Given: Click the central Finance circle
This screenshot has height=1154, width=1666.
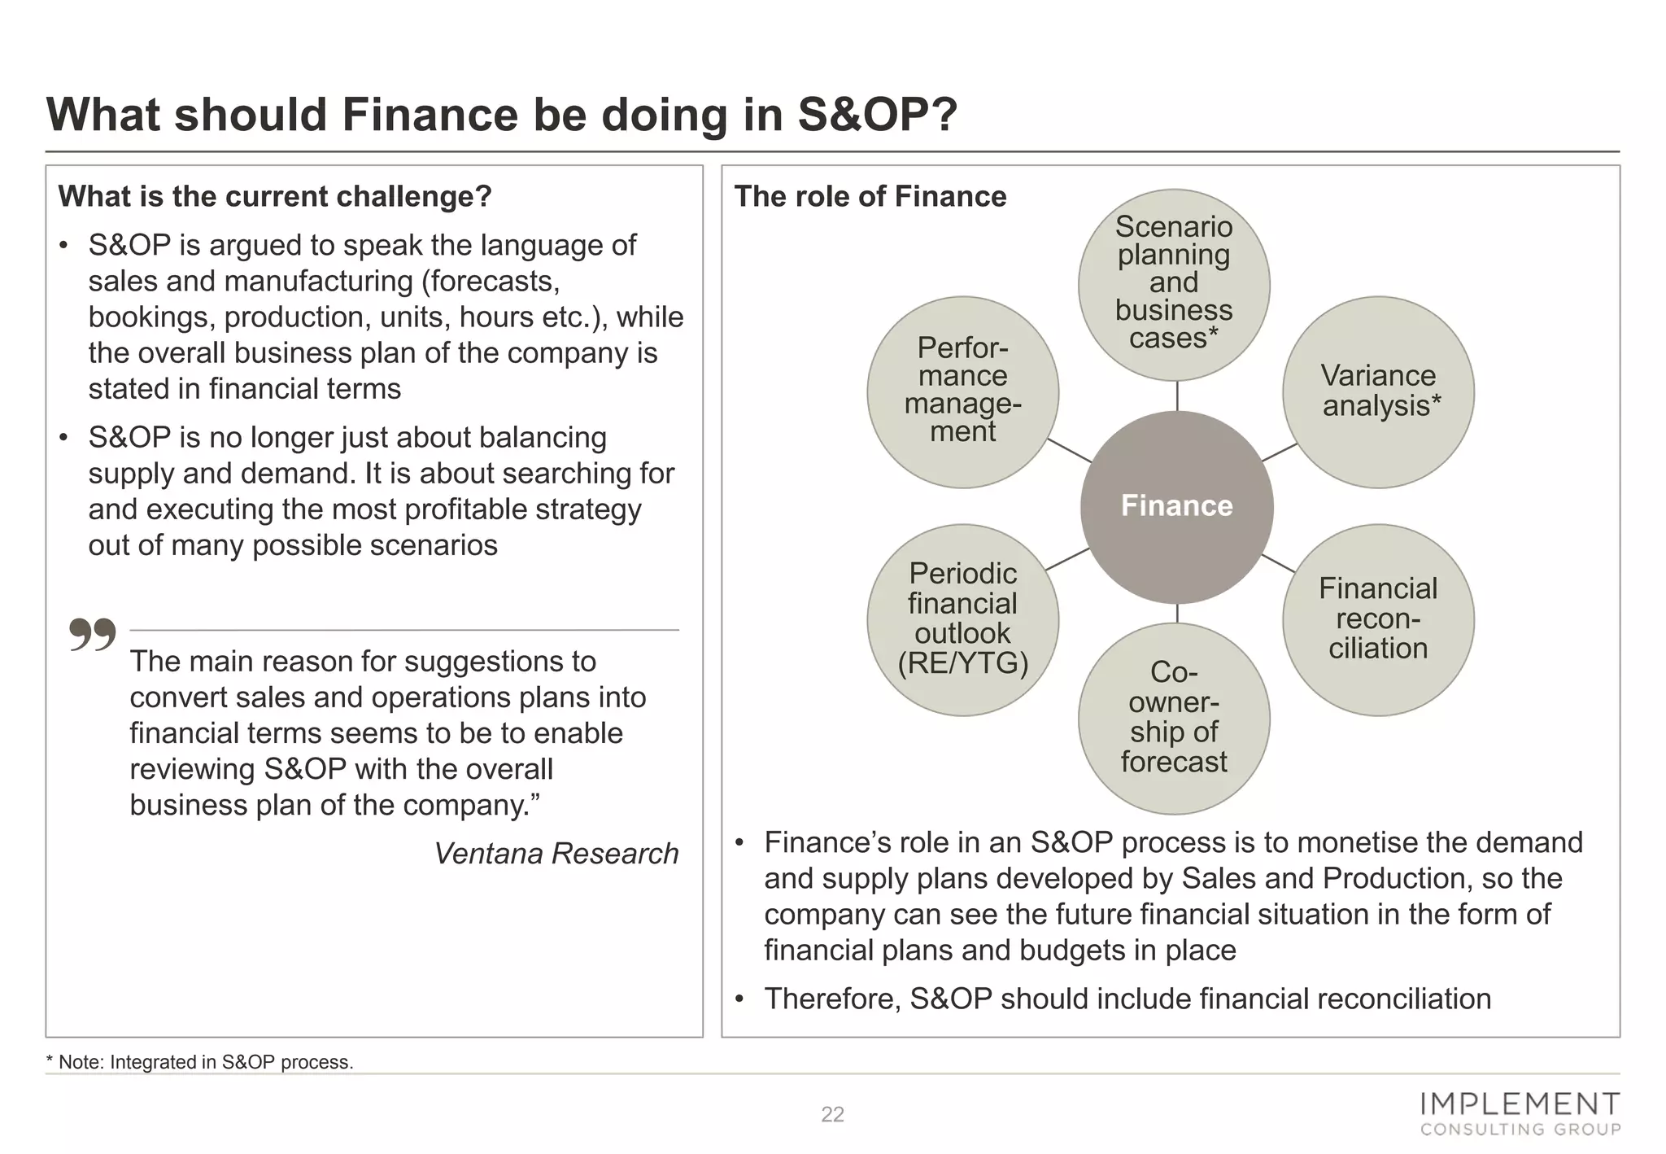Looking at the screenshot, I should click(1176, 506).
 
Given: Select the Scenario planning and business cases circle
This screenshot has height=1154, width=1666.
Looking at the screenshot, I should click(1174, 284).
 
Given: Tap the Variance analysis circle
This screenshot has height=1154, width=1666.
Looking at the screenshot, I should click(1378, 391).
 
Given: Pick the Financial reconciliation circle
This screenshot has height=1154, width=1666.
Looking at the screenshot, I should click(1378, 619).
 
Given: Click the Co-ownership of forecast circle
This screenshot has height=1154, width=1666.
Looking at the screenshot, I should click(1174, 718).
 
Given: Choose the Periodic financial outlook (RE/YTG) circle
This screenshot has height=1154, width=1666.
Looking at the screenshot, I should click(962, 619).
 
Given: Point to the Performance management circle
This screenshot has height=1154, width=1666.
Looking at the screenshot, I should click(962, 391).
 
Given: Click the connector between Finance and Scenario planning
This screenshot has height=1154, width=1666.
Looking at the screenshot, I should click(1177, 396).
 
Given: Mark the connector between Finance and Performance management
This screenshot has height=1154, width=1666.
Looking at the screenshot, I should click(1069, 450).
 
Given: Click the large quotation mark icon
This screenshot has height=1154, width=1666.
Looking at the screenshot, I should click(92, 635).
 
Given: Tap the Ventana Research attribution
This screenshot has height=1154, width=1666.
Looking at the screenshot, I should click(556, 853).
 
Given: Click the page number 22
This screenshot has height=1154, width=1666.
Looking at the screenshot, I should click(832, 1114).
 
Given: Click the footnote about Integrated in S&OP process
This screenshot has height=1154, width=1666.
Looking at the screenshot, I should click(200, 1062).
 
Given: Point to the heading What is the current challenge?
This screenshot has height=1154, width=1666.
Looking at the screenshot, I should click(275, 196).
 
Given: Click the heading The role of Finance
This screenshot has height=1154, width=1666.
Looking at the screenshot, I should click(870, 196).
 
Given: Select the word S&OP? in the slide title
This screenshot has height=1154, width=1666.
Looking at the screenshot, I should click(877, 114).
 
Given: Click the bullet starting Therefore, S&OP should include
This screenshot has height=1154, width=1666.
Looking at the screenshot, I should click(1127, 999).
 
